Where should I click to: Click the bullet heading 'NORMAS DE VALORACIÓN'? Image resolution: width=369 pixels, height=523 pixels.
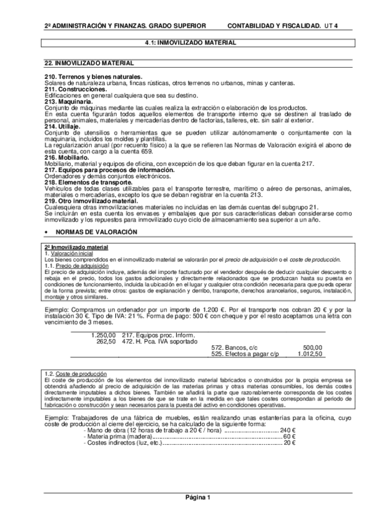[x=95, y=231]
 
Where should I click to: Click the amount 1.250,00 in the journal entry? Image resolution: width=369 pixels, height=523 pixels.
[x=103, y=335]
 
